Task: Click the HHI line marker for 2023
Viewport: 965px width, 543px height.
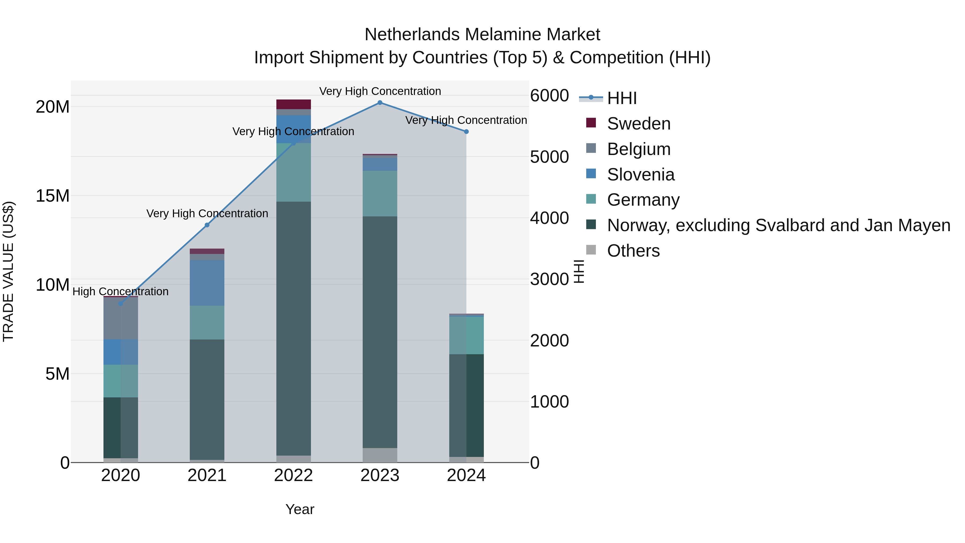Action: click(380, 103)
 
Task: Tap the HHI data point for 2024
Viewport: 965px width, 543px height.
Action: click(466, 132)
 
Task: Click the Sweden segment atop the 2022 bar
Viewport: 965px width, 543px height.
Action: click(294, 104)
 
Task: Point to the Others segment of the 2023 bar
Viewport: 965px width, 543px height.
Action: click(380, 455)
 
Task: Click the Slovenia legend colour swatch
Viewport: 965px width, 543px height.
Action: click(591, 173)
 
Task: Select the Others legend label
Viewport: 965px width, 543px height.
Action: click(633, 251)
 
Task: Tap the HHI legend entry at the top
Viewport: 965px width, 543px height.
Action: click(622, 98)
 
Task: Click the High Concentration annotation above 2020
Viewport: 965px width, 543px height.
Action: click(121, 291)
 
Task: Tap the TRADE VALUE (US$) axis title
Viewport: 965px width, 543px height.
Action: click(8, 271)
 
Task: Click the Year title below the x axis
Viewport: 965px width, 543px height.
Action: click(300, 509)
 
